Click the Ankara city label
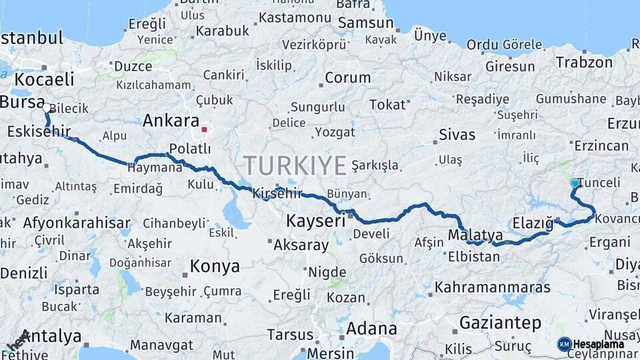[x=171, y=121]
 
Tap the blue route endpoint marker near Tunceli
[x=575, y=183]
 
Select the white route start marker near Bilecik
[x=45, y=107]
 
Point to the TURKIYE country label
[x=295, y=165]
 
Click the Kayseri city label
[x=315, y=221]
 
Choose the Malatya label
[x=475, y=235]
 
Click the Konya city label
[x=215, y=267]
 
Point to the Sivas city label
[x=457, y=135]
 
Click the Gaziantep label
[x=500, y=323]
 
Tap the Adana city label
[x=371, y=329]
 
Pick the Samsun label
[x=365, y=23]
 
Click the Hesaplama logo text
[x=598, y=345]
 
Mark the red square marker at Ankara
[x=205, y=129]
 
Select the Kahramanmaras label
[x=493, y=287]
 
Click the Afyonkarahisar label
[x=76, y=223]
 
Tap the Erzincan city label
[x=601, y=146]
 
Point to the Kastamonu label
[x=295, y=17]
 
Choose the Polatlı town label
[x=190, y=148]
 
